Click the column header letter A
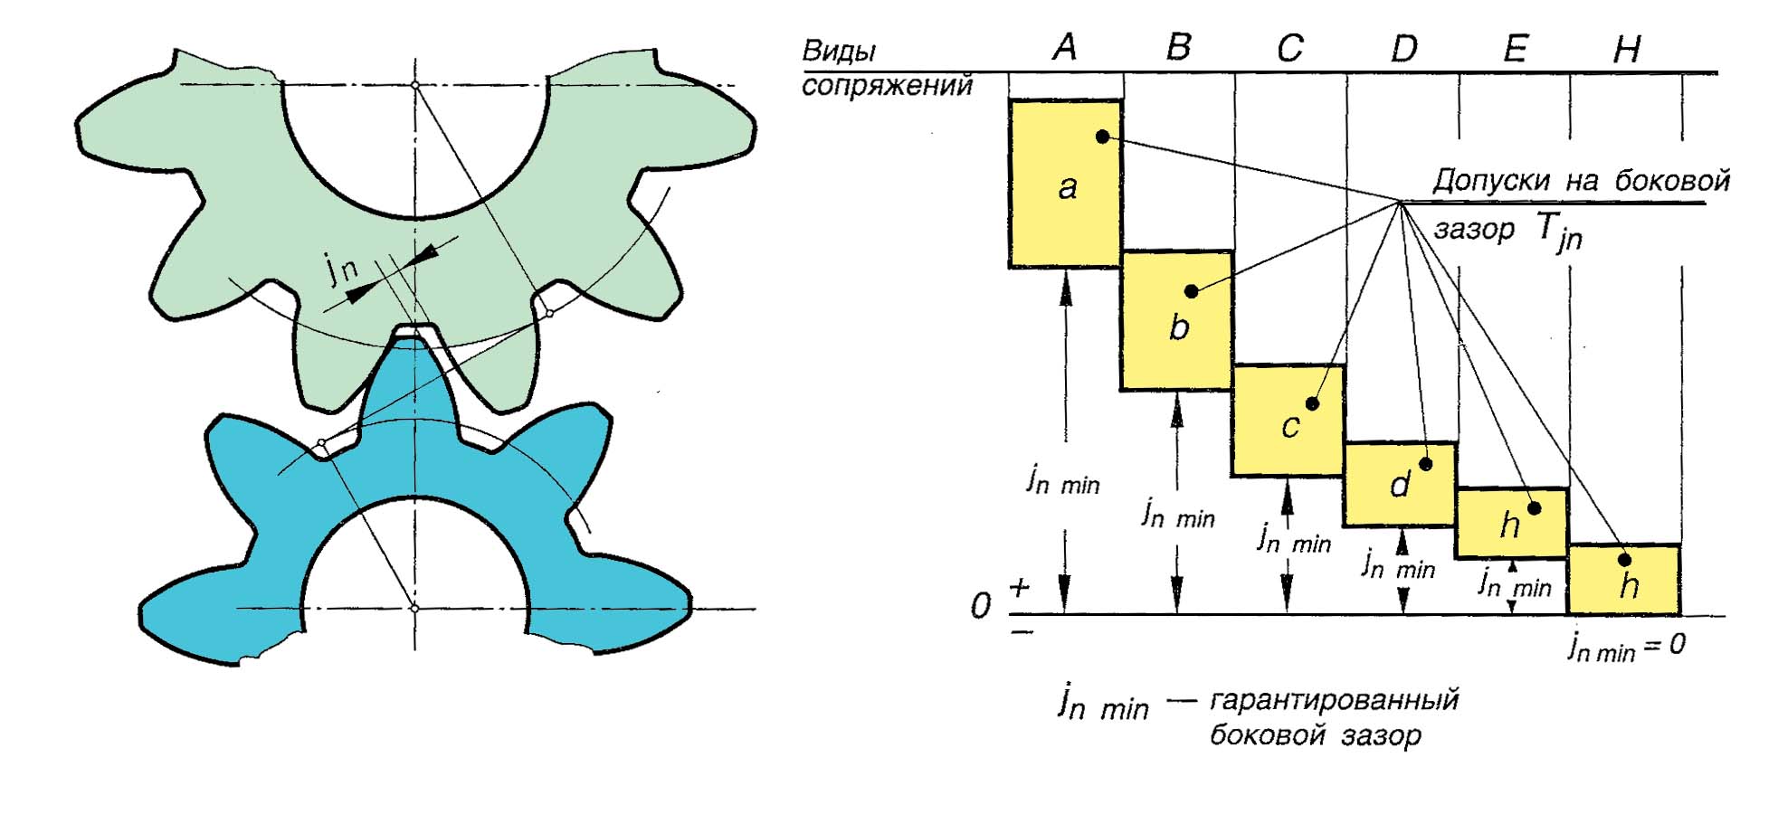click(1065, 47)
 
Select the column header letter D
click(1403, 48)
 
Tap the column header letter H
click(1626, 50)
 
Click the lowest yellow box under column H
click(1624, 580)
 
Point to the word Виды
click(839, 51)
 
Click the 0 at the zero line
click(980, 606)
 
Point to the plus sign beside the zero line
click(1020, 589)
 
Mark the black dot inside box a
click(1102, 137)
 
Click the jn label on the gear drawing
click(341, 268)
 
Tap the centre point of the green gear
click(414, 85)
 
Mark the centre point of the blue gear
click(414, 609)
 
